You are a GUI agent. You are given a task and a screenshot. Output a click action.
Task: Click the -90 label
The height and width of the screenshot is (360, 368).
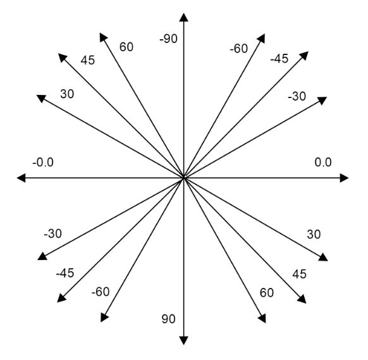(x=169, y=39)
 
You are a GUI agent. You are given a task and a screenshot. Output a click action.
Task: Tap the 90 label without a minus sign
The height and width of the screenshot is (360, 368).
(x=168, y=319)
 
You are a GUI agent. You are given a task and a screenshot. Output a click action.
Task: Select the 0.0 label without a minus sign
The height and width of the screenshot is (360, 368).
(x=323, y=162)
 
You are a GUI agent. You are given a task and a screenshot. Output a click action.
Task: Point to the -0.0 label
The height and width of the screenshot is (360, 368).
(x=43, y=162)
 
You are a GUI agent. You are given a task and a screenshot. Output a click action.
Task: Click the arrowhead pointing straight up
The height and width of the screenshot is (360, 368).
(x=183, y=18)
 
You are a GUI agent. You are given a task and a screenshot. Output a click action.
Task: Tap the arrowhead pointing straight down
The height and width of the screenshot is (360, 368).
(x=183, y=340)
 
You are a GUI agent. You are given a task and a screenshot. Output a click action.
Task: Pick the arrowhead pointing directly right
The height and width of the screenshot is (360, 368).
(x=345, y=178)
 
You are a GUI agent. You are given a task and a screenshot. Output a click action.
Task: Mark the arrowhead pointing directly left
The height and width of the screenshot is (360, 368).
(x=21, y=178)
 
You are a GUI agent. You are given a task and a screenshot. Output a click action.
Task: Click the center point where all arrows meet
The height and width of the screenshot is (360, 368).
(x=184, y=178)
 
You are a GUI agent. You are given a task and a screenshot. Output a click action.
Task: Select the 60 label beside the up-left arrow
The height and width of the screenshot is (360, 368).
(x=126, y=47)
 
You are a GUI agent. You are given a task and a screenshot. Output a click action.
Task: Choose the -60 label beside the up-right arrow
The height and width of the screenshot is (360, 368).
(x=238, y=49)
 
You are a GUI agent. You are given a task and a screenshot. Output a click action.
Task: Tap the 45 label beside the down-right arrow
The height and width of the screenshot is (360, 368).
(x=299, y=274)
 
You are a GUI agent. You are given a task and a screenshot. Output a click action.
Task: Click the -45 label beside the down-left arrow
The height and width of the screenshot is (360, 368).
(x=65, y=273)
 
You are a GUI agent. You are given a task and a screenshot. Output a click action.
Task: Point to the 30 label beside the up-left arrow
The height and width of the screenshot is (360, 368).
(x=67, y=94)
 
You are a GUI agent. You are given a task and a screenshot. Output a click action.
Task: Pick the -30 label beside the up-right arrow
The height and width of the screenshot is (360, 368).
(x=297, y=97)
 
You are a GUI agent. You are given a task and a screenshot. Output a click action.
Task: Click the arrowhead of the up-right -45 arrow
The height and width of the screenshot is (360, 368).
(x=304, y=56)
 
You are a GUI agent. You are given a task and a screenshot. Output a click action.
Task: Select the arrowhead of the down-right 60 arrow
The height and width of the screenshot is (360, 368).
(x=262, y=318)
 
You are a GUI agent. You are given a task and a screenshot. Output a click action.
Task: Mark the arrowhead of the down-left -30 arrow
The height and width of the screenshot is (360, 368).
(x=42, y=256)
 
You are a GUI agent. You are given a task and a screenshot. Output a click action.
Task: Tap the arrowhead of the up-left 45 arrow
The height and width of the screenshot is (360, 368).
(x=63, y=58)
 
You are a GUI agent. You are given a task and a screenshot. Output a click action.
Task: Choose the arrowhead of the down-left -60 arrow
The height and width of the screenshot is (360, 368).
(x=104, y=317)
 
